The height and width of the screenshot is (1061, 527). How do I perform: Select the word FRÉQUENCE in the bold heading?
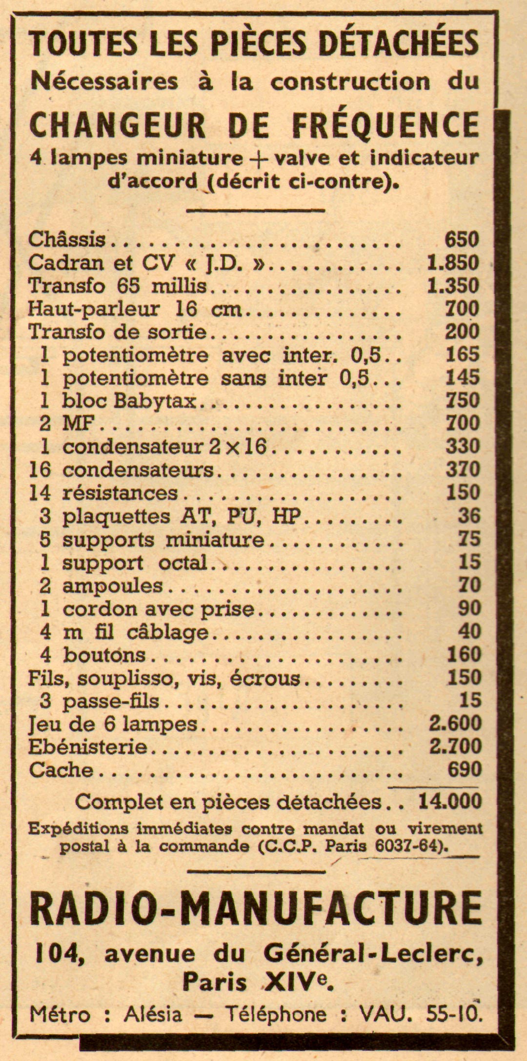pyautogui.click(x=385, y=125)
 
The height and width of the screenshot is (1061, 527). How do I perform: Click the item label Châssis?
pyautogui.click(x=67, y=239)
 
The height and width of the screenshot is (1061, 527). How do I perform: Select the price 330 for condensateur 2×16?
pyautogui.click(x=463, y=447)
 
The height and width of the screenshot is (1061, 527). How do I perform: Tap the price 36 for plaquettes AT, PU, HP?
pyautogui.click(x=469, y=516)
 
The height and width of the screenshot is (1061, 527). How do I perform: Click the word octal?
pyautogui.click(x=183, y=563)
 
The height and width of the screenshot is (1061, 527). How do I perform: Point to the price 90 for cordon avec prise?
pyautogui.click(x=469, y=609)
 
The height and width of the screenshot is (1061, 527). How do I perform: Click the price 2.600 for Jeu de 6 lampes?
pyautogui.click(x=455, y=724)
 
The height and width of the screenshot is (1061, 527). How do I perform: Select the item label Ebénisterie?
pyautogui.click(x=88, y=747)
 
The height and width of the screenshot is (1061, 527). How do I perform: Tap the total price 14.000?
pyautogui.click(x=449, y=802)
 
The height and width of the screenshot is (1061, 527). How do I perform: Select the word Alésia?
pyautogui.click(x=153, y=1015)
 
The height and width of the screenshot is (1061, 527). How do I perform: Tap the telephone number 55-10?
pyautogui.click(x=454, y=1015)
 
